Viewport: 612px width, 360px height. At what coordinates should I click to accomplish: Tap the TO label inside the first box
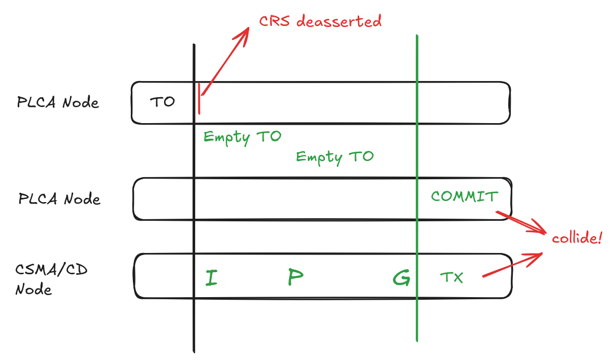click(x=162, y=102)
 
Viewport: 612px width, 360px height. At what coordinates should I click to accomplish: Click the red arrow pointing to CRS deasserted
click(x=224, y=61)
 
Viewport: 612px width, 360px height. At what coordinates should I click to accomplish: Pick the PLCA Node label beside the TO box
click(x=58, y=102)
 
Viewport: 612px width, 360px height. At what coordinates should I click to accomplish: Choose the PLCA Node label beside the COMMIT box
click(x=59, y=198)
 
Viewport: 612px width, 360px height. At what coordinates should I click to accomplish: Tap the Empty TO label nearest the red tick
click(x=242, y=137)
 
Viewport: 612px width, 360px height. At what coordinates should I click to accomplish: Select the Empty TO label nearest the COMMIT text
click(x=335, y=156)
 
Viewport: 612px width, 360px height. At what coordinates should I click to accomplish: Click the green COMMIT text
click(x=465, y=196)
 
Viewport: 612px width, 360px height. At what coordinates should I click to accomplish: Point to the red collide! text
click(x=577, y=239)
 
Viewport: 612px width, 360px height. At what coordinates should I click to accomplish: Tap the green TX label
click(x=451, y=278)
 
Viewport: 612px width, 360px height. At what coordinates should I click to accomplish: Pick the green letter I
click(x=211, y=278)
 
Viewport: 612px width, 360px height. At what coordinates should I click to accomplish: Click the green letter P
click(x=295, y=278)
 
